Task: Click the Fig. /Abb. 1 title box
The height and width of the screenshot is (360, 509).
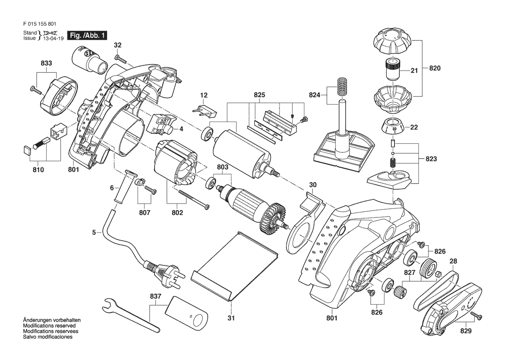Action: click(87, 35)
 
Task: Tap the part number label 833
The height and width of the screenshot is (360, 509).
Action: click(47, 63)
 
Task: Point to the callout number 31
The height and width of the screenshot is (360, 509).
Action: click(231, 318)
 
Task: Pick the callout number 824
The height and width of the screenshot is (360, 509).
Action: click(314, 95)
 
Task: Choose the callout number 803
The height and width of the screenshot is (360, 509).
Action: click(222, 167)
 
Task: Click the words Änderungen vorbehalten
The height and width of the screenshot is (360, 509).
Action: click(52, 320)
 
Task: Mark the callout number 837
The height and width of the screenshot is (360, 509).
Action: click(155, 297)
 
